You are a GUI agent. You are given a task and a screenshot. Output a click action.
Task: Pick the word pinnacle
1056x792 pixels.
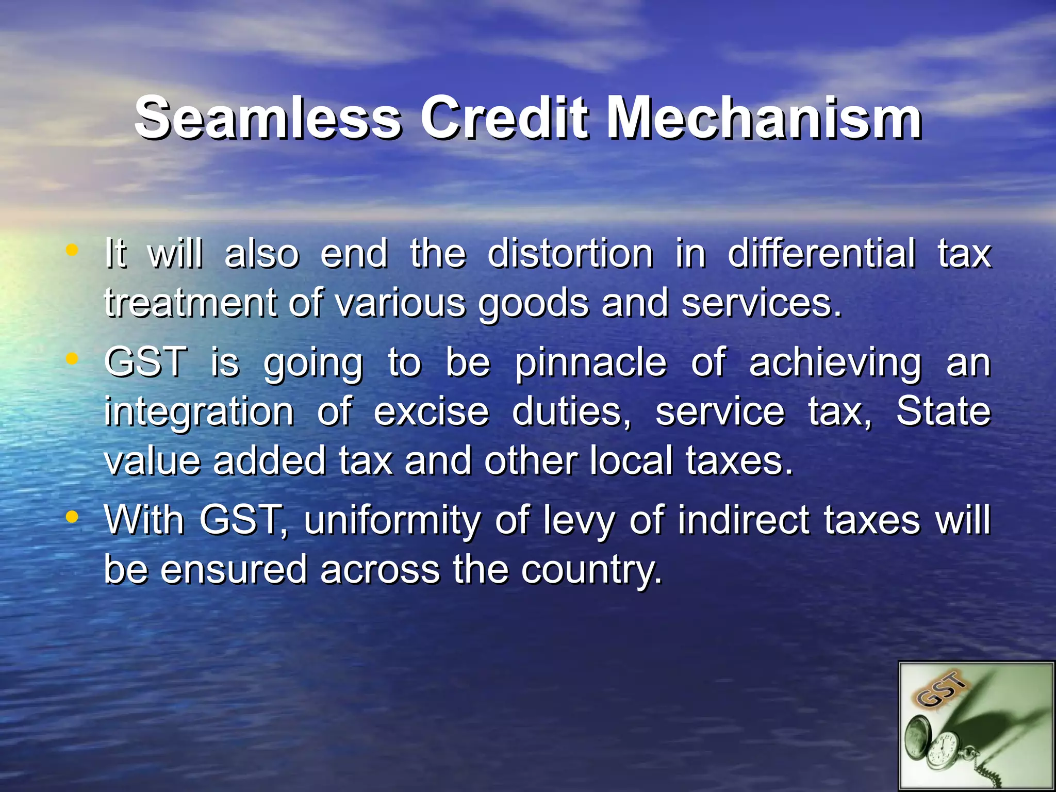(x=590, y=362)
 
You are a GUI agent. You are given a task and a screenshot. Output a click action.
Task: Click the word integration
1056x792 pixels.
(x=199, y=412)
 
